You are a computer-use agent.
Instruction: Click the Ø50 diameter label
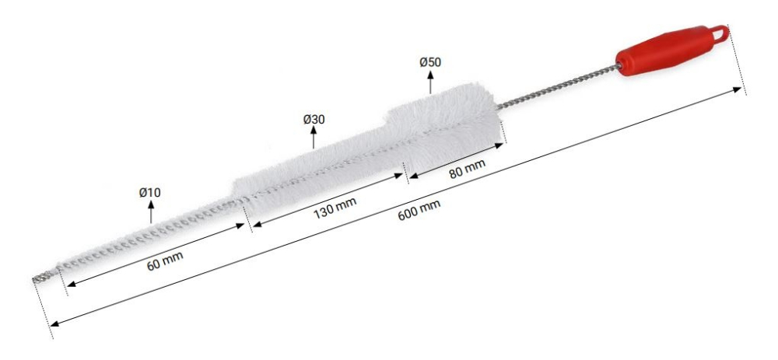[429, 62]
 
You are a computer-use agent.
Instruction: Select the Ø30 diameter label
[314, 120]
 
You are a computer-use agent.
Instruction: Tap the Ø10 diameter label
[150, 192]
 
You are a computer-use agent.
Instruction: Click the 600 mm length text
[419, 210]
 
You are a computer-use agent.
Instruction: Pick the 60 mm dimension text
[165, 260]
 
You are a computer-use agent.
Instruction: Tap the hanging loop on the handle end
[721, 33]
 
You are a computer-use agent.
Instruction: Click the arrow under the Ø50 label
[430, 82]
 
